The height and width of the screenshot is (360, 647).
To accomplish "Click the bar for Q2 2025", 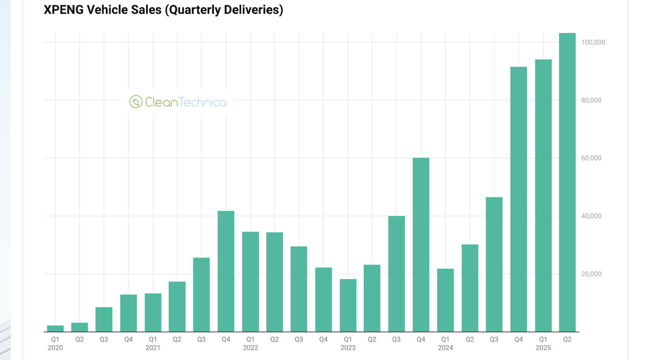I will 567,182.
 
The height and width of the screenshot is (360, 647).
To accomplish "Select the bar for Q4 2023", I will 421,245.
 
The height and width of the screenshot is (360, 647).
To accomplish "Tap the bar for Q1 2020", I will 55,328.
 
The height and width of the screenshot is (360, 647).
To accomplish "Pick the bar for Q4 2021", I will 226,271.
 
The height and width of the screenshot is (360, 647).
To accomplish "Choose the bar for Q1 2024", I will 445,300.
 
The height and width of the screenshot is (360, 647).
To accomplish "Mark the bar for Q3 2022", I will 299,289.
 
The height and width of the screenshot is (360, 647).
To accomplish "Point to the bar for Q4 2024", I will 518,199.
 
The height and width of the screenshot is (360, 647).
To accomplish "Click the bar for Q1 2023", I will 348,305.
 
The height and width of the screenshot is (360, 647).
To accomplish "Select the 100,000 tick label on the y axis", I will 593,42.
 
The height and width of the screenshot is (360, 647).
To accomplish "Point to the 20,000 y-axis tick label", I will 591,274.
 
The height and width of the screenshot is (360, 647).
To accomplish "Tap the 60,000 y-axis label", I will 591,158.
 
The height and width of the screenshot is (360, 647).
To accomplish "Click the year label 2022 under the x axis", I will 250,348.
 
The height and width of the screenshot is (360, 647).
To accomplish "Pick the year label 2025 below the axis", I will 543,348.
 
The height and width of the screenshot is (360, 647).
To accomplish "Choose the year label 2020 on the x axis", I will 55,348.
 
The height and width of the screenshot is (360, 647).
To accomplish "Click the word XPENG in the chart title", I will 61,10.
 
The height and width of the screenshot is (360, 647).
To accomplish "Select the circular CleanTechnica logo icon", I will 136,102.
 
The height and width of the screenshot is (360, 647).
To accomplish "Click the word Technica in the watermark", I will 203,102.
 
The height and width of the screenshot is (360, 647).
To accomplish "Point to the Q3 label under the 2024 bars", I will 494,339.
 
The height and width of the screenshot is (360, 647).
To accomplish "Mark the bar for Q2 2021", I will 177,307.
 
